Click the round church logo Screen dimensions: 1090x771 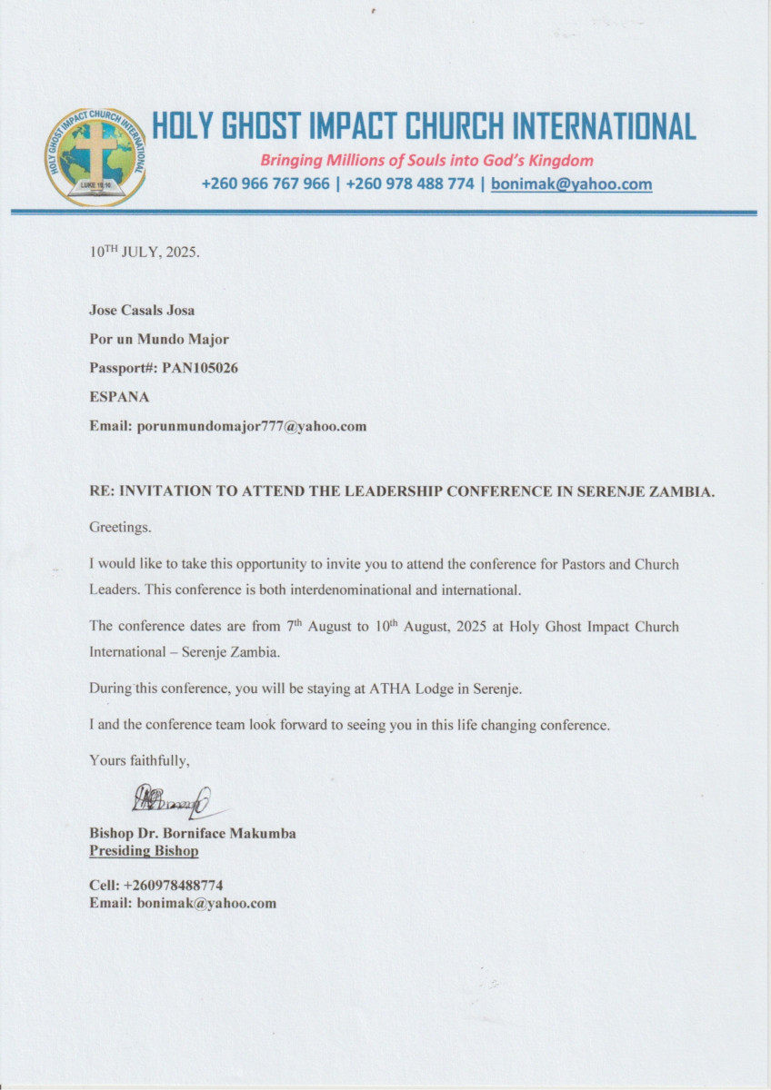pos(95,157)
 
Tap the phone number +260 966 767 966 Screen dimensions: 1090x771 pos(265,184)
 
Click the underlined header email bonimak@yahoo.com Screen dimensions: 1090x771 pos(571,184)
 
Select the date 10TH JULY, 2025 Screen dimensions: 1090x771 pos(144,253)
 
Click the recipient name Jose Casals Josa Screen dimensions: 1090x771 pos(142,310)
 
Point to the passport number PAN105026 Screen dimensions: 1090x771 pos(195,368)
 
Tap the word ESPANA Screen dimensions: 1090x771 pos(119,397)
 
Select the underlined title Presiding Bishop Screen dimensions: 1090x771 pos(144,851)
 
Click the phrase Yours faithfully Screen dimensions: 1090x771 pos(139,759)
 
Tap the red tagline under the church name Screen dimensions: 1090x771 pos(426,161)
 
